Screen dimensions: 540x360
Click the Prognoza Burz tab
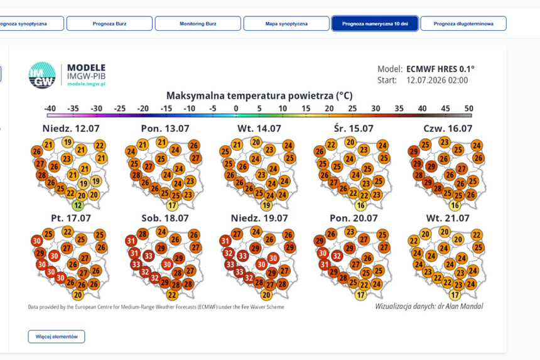tap(109, 24)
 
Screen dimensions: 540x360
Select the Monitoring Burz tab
tap(198, 24)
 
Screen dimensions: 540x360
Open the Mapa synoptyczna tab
tap(286, 24)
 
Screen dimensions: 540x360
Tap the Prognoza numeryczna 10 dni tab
tap(375, 24)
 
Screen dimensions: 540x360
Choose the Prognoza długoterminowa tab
tap(463, 24)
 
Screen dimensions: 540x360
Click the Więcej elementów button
tap(57, 337)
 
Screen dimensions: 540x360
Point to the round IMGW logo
tap(42, 75)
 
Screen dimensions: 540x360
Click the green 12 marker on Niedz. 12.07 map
tap(78, 205)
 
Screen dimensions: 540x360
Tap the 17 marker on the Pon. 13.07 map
tap(172, 205)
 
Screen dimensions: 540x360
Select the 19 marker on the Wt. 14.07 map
tap(266, 205)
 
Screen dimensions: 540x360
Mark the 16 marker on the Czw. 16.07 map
tap(455, 205)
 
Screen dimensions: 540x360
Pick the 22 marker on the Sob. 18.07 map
tap(172, 295)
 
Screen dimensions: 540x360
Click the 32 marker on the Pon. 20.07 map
tap(337, 256)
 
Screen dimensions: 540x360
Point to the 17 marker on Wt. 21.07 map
tap(455, 295)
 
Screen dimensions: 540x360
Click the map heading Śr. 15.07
tap(354, 129)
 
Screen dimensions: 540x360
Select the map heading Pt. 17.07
tap(71, 218)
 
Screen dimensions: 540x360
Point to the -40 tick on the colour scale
tap(50, 109)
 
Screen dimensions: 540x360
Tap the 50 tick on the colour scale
tap(468, 109)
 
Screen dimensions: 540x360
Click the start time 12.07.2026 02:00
tap(437, 80)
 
